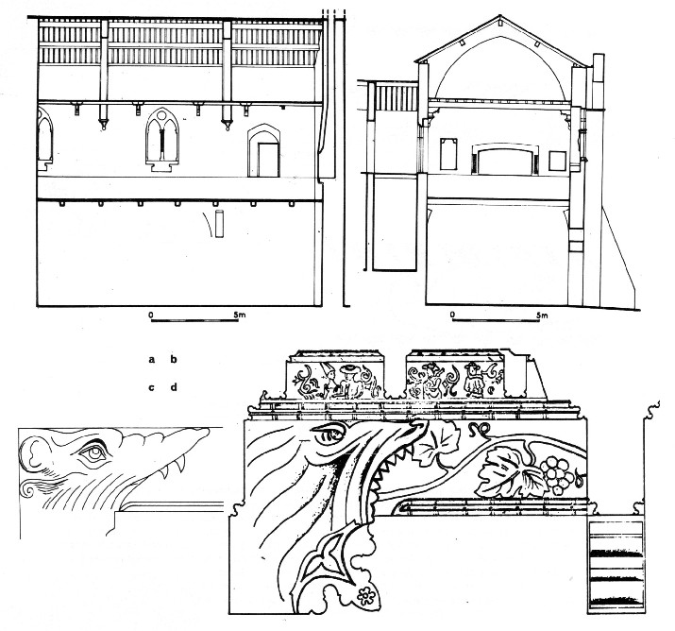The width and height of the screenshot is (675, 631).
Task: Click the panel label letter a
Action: (x=152, y=360)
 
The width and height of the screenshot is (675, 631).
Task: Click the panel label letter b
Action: (x=174, y=359)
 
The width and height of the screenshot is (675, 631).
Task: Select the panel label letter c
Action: (x=152, y=387)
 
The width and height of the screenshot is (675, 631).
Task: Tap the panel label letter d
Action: (x=174, y=387)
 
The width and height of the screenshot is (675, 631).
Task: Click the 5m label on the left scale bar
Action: (x=240, y=315)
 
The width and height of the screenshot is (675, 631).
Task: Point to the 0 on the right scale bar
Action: (x=452, y=315)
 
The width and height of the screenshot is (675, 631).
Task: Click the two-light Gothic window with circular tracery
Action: (x=162, y=139)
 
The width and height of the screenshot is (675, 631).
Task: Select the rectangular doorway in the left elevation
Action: (x=268, y=160)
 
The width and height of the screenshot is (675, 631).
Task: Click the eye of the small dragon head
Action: (x=93, y=452)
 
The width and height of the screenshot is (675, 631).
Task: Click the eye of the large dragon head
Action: (x=330, y=434)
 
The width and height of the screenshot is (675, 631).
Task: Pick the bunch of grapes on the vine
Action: (x=559, y=475)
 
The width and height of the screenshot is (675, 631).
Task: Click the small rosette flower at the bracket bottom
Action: (x=366, y=596)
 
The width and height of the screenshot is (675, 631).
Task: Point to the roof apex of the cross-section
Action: (x=499, y=16)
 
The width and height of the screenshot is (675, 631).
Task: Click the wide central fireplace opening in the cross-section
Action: (x=505, y=161)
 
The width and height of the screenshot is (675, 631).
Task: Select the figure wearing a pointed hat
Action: (x=329, y=380)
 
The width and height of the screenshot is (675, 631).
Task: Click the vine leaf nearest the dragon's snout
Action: (x=435, y=441)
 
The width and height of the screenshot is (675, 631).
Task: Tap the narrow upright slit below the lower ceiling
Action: (x=220, y=224)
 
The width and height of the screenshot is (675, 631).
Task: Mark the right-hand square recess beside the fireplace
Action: (x=557, y=162)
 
